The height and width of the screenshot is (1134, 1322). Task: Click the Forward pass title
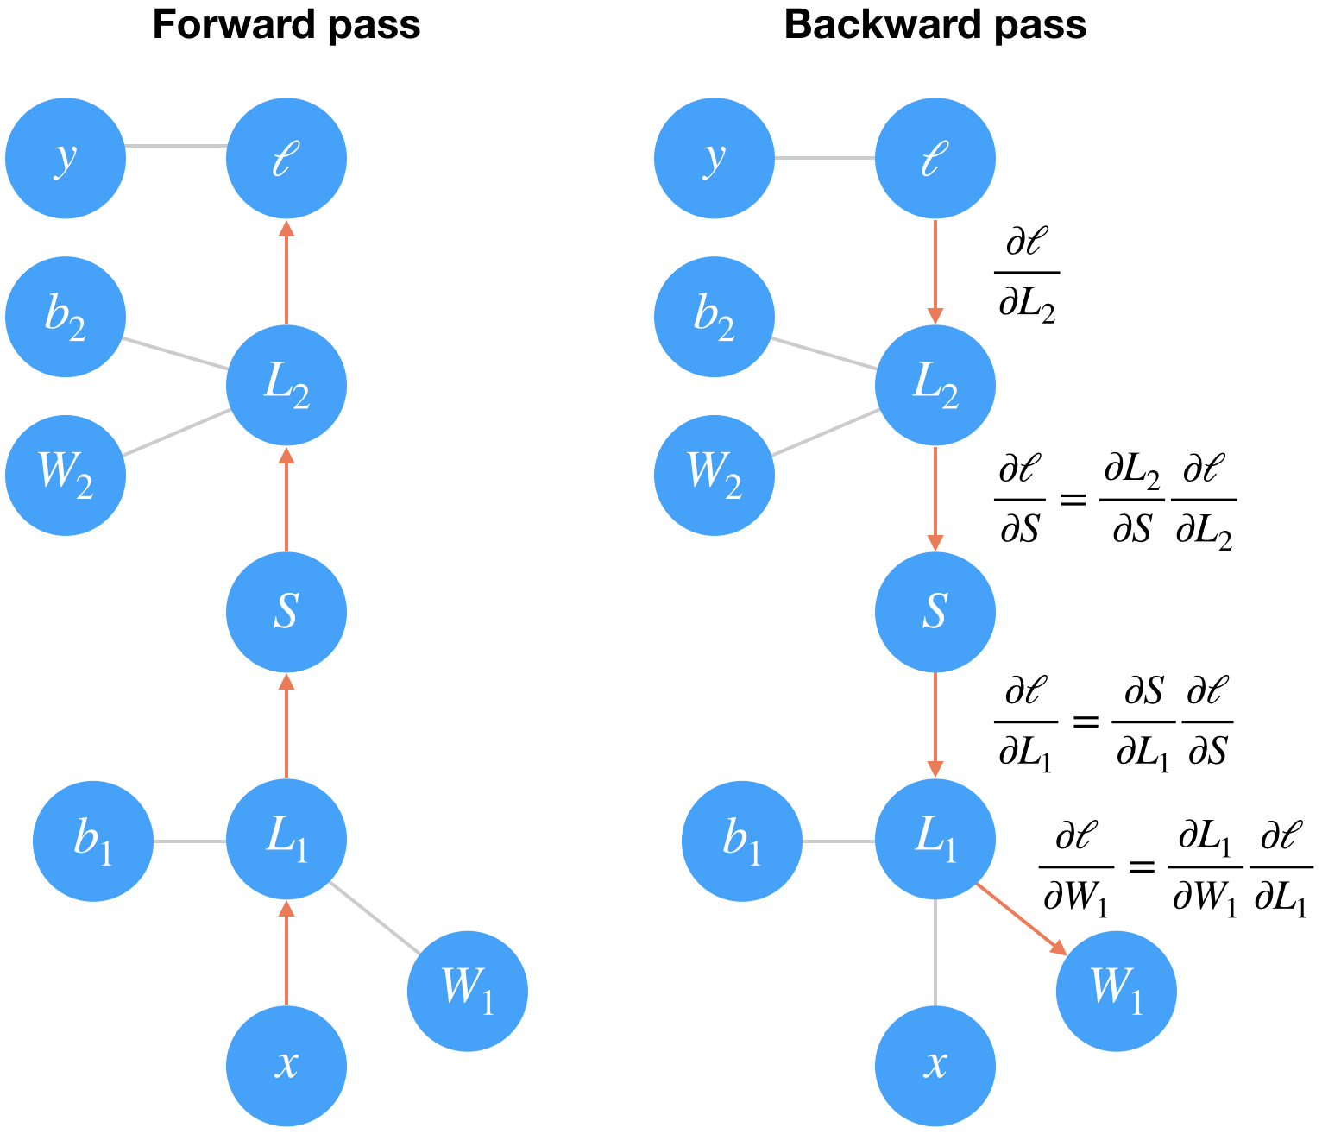pos(286,25)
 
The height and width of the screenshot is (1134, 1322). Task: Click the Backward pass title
pos(935,25)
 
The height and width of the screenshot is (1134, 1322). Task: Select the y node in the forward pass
pos(66,158)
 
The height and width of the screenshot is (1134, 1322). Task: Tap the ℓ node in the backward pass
pos(935,158)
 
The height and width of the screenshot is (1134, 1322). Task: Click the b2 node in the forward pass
pos(66,317)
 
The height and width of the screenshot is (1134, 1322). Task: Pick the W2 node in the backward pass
pos(715,475)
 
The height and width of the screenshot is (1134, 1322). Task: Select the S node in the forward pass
pos(286,612)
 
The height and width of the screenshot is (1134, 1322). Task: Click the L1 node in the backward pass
pos(935,839)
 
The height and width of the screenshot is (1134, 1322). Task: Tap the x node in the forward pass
pos(286,1065)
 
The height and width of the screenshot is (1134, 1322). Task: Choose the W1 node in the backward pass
pos(1116,991)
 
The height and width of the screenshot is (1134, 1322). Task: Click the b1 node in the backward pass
pos(742,841)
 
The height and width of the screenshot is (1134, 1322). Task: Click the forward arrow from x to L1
pos(287,954)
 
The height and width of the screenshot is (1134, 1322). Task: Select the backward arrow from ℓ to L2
pos(935,272)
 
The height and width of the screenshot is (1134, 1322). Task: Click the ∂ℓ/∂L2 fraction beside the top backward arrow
pos(1027,274)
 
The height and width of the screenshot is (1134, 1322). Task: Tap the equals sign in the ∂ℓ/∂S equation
pos(1073,499)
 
